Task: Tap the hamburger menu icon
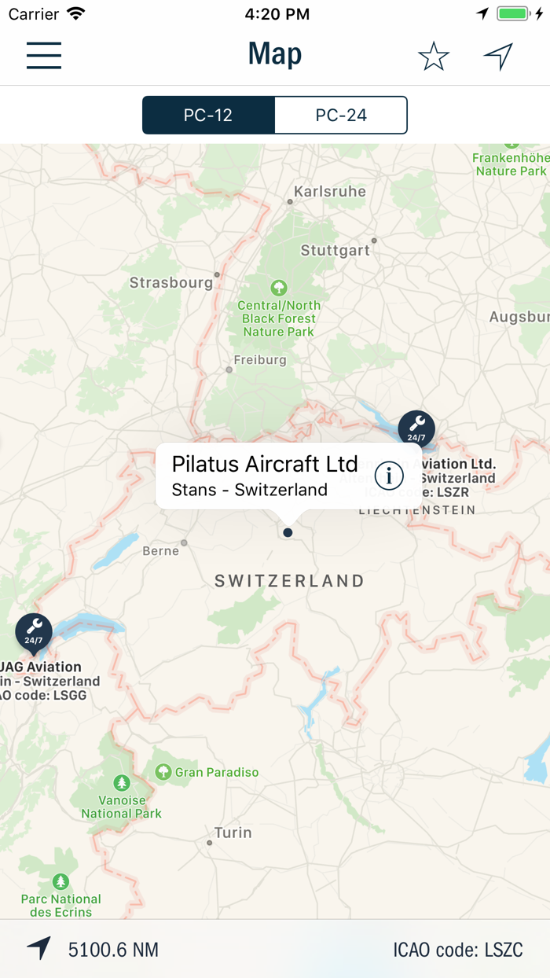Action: [44, 54]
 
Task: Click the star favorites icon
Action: [433, 56]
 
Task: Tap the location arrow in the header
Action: [498, 56]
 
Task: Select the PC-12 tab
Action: [208, 116]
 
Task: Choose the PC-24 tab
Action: [341, 116]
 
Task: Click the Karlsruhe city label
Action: [329, 191]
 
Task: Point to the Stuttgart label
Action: [335, 251]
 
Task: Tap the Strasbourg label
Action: [170, 282]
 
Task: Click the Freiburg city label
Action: [260, 360]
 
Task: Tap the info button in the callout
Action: [389, 475]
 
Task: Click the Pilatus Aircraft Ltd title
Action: [265, 464]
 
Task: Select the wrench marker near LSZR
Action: [416, 427]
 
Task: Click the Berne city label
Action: [161, 551]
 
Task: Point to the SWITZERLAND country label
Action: [289, 581]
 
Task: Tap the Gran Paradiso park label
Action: [216, 772]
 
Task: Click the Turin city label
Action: [233, 833]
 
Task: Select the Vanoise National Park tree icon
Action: [122, 783]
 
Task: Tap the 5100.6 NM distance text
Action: [113, 950]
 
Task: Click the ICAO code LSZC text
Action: [457, 950]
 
